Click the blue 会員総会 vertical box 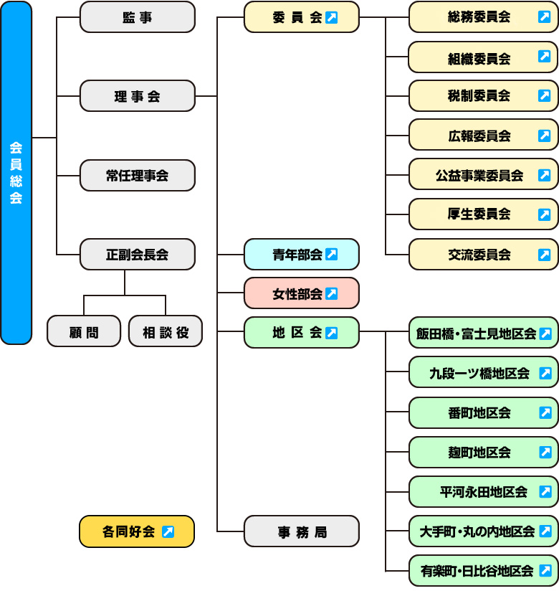pos(16,173)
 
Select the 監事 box pos(137,17)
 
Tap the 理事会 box pos(137,96)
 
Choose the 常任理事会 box pos(137,176)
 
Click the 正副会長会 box pos(137,255)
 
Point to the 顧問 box pos(84,331)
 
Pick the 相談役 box pos(165,331)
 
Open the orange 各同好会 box pos(137,531)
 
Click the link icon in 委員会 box pos(331,18)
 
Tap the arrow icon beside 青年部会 pos(331,255)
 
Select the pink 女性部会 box pos(301,293)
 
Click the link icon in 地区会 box pos(331,333)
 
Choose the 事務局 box pos(301,531)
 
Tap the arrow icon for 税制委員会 pos(545,95)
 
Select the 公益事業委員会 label pos(479,175)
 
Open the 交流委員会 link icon pos(545,255)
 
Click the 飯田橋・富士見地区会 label pos(476,334)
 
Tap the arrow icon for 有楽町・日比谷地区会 pos(545,571)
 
